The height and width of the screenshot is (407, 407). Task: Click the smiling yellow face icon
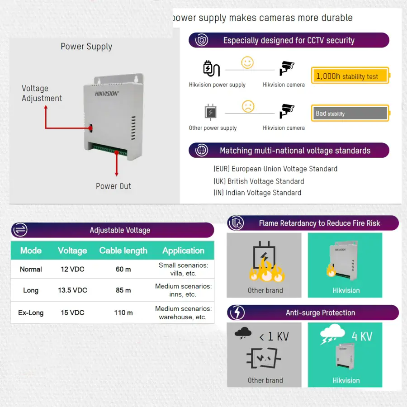click(247, 62)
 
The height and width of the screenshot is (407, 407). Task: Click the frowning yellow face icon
click(248, 106)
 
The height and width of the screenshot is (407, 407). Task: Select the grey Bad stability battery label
click(349, 113)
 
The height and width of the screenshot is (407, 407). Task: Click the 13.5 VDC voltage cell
click(72, 290)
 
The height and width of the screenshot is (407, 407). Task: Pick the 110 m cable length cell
click(123, 312)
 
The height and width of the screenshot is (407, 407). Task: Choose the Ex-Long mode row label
click(31, 312)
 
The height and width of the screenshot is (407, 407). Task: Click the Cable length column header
click(123, 251)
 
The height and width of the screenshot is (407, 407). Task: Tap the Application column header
click(183, 251)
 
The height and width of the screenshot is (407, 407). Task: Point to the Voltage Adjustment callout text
click(42, 94)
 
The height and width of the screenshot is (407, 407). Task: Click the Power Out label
click(114, 186)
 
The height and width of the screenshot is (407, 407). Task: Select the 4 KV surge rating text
click(362, 336)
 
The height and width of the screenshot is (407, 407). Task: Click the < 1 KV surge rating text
click(274, 336)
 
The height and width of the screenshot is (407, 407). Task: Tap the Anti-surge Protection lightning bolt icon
click(237, 312)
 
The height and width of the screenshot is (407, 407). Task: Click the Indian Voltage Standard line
click(257, 193)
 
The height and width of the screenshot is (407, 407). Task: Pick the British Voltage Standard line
click(259, 181)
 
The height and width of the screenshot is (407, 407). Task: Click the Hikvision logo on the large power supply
click(107, 94)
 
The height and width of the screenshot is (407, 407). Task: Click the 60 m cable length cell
click(123, 269)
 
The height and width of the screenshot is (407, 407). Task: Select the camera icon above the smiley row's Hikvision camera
click(286, 68)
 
